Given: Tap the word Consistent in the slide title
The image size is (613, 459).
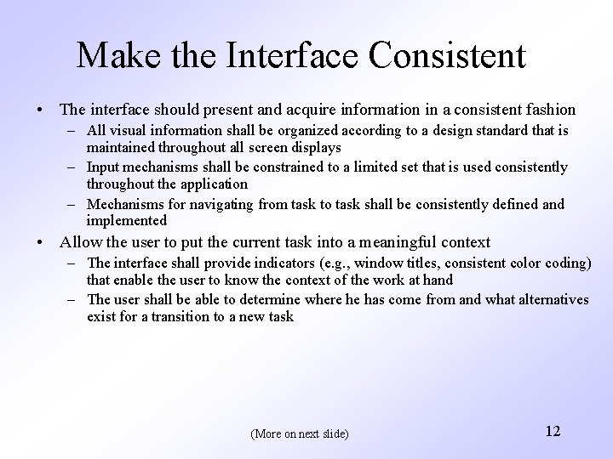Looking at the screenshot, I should pyautogui.click(x=450, y=57).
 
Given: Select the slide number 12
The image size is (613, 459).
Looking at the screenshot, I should pyautogui.click(x=552, y=431).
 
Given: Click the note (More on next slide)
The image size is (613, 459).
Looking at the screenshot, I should pyautogui.click(x=300, y=433).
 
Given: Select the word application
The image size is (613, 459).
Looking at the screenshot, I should pyautogui.click(x=211, y=183).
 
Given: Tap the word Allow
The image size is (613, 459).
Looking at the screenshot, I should pyautogui.click(x=79, y=242).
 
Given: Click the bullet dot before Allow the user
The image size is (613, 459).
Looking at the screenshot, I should pyautogui.click(x=41, y=243).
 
